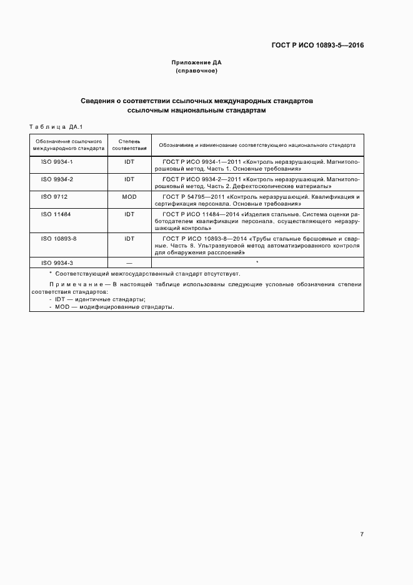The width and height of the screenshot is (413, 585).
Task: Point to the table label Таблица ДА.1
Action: click(52, 127)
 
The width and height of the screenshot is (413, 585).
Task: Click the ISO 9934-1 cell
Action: click(57, 161)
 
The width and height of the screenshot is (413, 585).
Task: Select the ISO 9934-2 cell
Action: click(57, 179)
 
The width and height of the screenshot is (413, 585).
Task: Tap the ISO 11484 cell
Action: click(56, 214)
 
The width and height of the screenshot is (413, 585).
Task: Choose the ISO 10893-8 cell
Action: click(59, 238)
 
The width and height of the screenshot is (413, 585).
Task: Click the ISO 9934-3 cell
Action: click(57, 262)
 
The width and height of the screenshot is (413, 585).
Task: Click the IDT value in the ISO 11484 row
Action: click(129, 214)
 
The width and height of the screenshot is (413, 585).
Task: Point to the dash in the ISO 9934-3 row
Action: click(129, 262)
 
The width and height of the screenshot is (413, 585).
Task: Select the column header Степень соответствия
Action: click(129, 146)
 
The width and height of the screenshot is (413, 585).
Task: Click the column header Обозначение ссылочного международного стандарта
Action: click(69, 146)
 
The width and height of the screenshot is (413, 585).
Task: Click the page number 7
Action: click(362, 534)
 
